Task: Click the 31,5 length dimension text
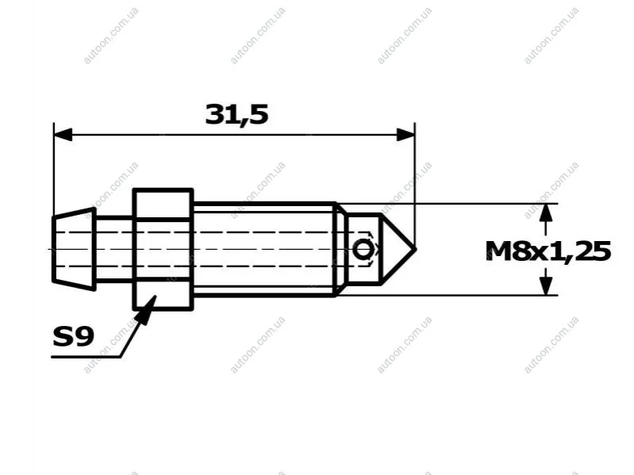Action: tap(237, 114)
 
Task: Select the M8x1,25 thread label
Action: tap(548, 251)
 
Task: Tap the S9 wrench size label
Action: tap(74, 337)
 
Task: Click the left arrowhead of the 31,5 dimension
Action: tap(63, 135)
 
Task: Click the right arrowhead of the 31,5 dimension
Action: tap(405, 135)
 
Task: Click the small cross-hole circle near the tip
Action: tap(363, 250)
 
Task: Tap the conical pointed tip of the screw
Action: tap(398, 249)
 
